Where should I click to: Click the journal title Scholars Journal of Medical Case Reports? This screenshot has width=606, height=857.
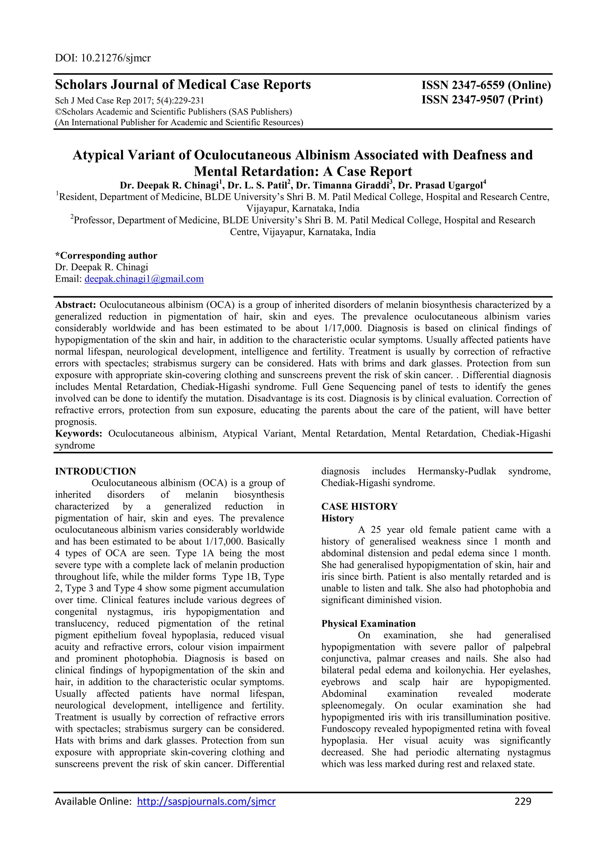pos(183,85)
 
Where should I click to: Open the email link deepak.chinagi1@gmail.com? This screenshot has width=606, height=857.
pos(144,279)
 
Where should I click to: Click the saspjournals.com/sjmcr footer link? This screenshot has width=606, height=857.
pos(206,801)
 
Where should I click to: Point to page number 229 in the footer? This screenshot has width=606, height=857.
pos(523,801)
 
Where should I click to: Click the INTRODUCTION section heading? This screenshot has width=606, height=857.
pos(96,471)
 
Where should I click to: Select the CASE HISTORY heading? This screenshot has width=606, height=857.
pos(359,507)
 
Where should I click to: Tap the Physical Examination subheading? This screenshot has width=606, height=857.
pos(368,624)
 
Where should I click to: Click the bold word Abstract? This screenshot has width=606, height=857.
pos(76,305)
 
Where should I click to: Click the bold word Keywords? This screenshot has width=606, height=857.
pos(79,434)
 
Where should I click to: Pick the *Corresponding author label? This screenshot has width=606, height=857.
pos(106,256)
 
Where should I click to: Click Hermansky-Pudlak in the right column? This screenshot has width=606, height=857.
pos(457,471)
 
